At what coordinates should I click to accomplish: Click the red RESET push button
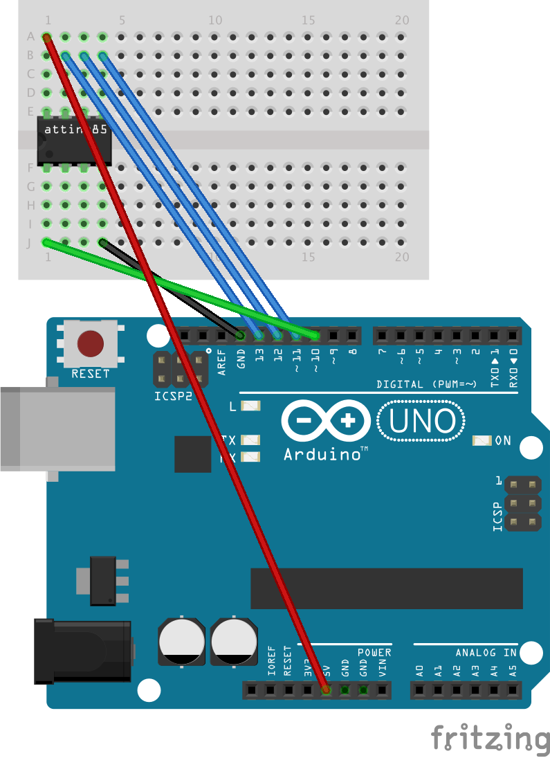tap(91, 343)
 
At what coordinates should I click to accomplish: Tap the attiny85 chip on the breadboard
tap(75, 139)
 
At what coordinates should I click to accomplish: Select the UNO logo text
tap(421, 421)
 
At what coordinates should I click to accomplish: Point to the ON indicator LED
tap(482, 440)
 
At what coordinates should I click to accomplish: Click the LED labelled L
tap(250, 406)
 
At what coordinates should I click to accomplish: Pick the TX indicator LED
tap(250, 440)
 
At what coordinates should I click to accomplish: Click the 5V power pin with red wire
tap(326, 689)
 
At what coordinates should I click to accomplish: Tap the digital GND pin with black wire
tap(240, 336)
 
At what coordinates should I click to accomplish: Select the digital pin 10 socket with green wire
tap(315, 336)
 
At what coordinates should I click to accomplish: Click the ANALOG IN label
tap(486, 652)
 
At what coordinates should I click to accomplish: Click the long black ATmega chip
tap(386, 588)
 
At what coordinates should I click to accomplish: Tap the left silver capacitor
tap(181, 642)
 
